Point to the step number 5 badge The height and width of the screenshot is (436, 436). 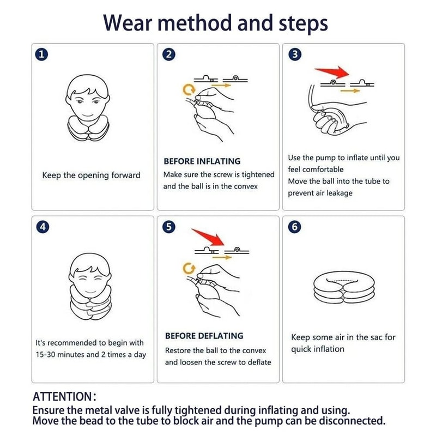click(x=169, y=227)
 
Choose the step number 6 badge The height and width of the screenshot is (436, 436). click(x=295, y=227)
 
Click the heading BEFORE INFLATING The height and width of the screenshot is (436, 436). click(x=202, y=161)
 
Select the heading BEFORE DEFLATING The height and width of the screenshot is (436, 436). click(x=204, y=336)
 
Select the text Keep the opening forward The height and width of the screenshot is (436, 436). click(x=91, y=175)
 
